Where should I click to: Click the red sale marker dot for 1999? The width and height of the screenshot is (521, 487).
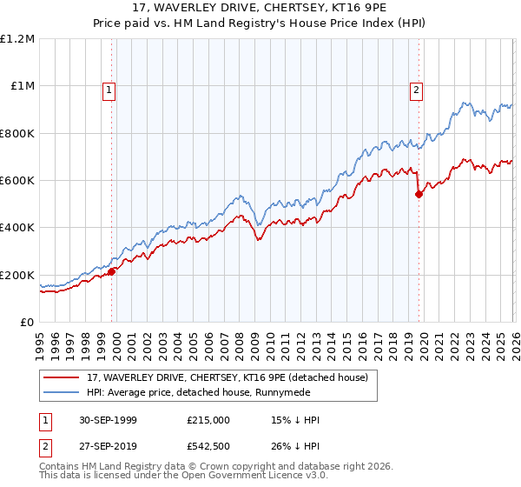click(x=112, y=271)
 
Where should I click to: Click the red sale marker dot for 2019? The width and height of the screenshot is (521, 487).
click(x=419, y=194)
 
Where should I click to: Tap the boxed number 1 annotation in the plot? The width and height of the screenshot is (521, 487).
click(x=109, y=89)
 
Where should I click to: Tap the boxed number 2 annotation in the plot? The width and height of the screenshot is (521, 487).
click(x=416, y=89)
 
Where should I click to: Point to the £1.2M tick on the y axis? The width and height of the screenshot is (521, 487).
click(x=18, y=39)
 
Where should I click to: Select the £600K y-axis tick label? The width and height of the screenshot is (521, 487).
click(x=17, y=181)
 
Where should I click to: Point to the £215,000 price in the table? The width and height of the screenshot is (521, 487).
click(x=208, y=420)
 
